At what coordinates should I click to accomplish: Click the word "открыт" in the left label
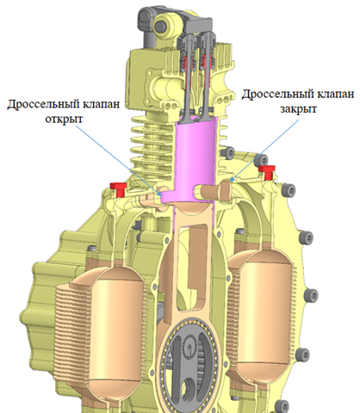click(x=64, y=119)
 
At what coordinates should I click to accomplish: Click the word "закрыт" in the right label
click(x=298, y=108)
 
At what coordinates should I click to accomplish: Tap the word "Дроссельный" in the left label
click(x=43, y=103)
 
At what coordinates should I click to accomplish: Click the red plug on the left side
click(x=119, y=188)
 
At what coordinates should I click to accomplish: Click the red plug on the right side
click(x=267, y=171)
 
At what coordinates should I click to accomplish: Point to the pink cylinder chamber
click(x=193, y=161)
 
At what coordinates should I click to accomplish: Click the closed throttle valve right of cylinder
click(x=214, y=191)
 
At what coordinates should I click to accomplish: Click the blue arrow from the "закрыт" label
click(x=264, y=151)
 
